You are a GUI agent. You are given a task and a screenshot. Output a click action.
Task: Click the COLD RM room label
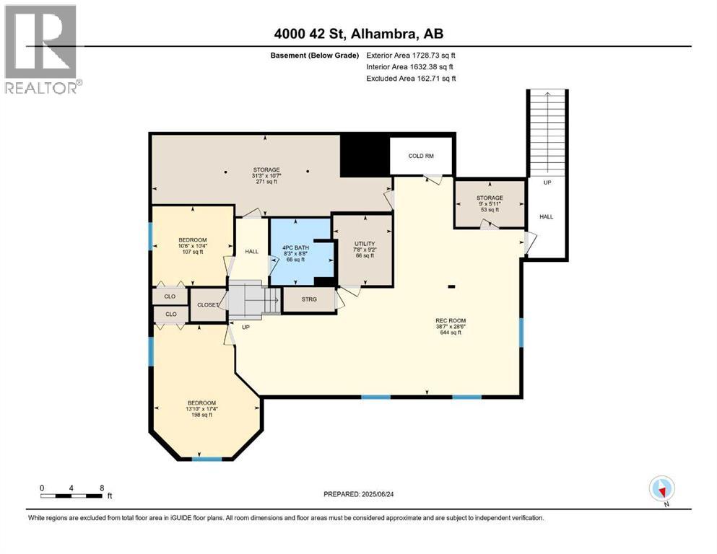(x=421, y=156)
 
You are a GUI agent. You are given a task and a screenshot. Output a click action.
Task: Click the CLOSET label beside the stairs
(x=208, y=305)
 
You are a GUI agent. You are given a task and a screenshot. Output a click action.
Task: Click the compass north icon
(x=662, y=489)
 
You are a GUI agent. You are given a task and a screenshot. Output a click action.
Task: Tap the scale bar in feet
(x=71, y=496)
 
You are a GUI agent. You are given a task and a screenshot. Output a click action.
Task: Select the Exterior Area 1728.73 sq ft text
(x=412, y=55)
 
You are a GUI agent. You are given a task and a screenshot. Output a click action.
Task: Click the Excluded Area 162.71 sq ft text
(x=412, y=78)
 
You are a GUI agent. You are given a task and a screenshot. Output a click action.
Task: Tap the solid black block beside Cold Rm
(x=364, y=154)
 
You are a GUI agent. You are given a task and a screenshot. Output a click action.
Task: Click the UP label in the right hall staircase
(x=547, y=183)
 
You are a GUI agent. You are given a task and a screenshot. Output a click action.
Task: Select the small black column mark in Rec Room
(x=451, y=286)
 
